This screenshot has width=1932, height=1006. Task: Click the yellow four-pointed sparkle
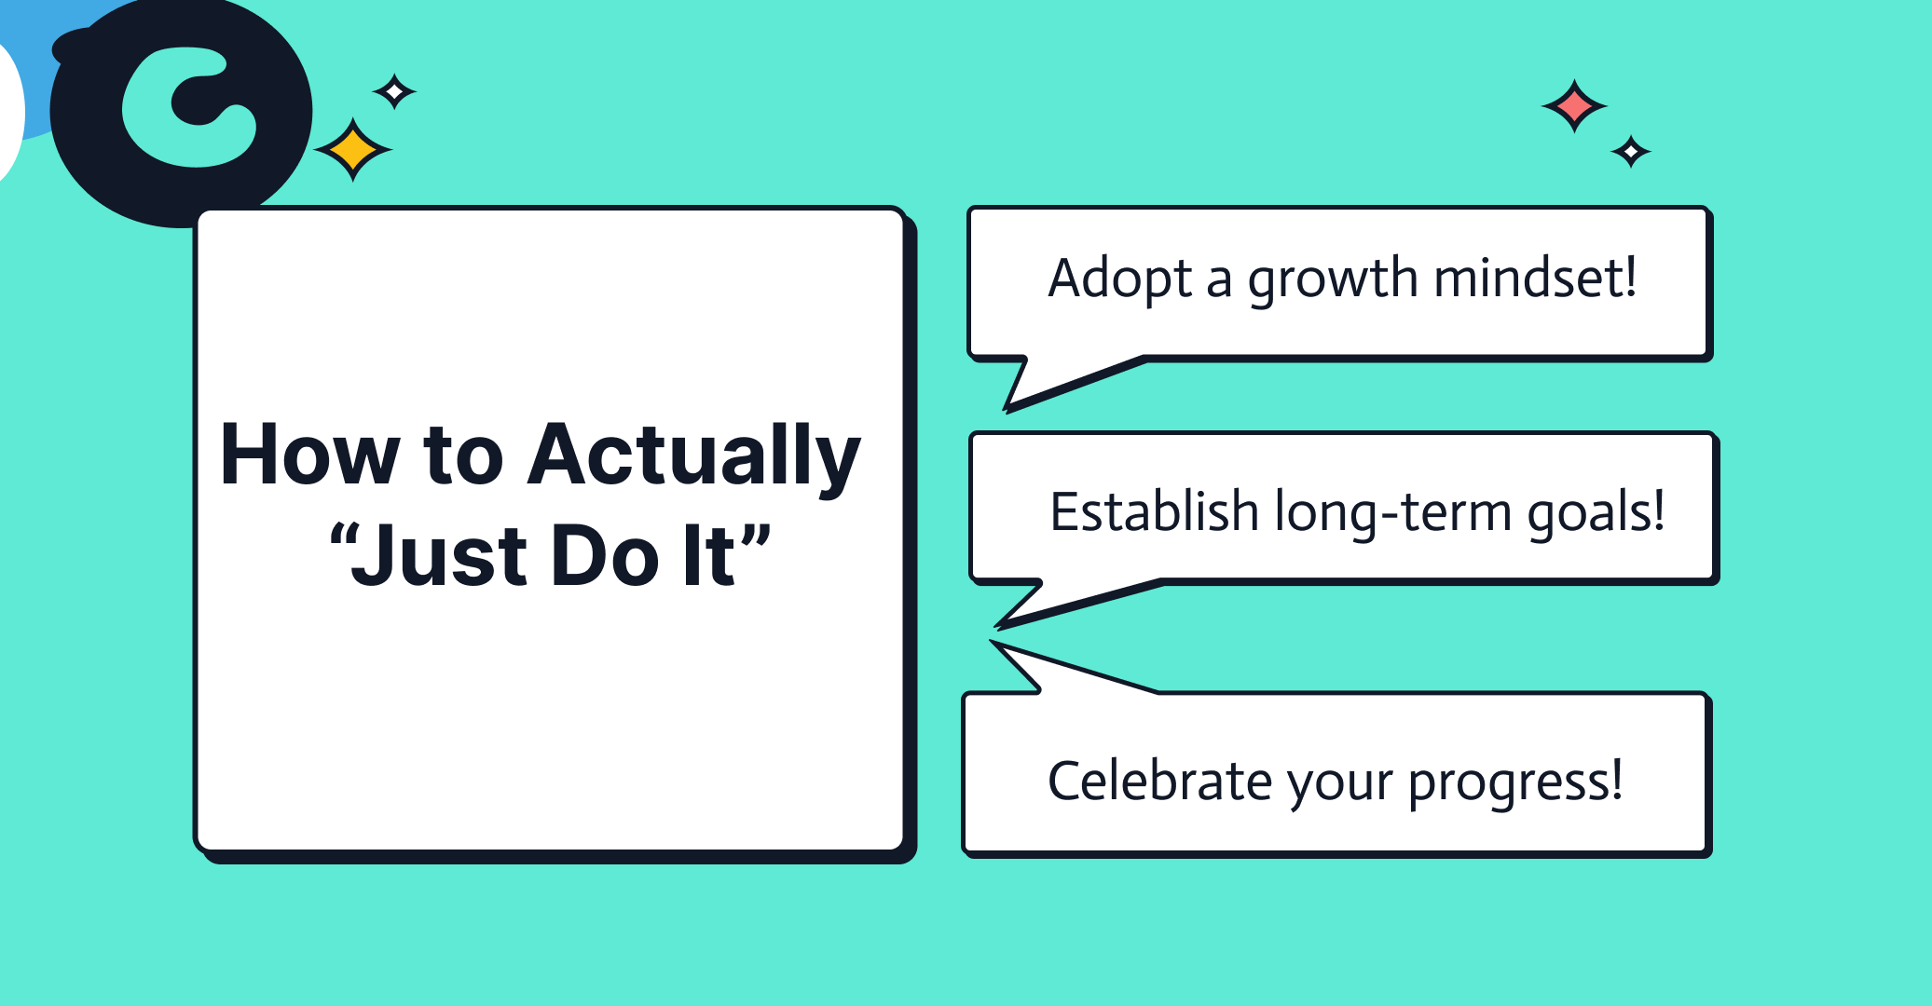[x=352, y=149]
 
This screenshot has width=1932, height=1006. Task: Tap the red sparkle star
[x=1574, y=106]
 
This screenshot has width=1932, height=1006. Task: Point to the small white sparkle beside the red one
[x=1631, y=151]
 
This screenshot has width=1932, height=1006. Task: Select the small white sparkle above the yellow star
[x=394, y=91]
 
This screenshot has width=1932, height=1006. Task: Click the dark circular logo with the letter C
[x=182, y=112]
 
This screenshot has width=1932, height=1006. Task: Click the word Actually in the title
[x=693, y=456]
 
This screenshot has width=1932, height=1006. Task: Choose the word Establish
[x=1155, y=511]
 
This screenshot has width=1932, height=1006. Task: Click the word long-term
[x=1392, y=513]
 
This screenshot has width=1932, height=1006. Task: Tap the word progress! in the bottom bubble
[x=1515, y=782]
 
